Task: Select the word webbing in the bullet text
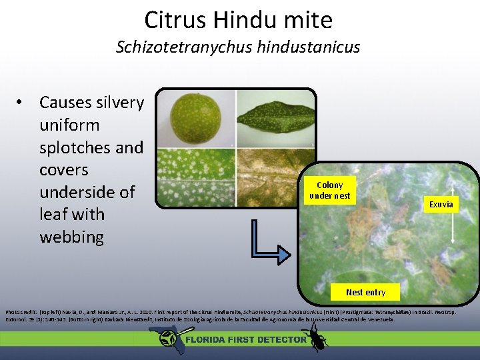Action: pyautogui.click(x=71, y=237)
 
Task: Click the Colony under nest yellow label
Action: pyautogui.click(x=329, y=190)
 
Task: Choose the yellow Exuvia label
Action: pyautogui.click(x=441, y=205)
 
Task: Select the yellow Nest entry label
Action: pyautogui.click(x=365, y=292)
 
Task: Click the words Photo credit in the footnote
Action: pyautogui.click(x=20, y=311)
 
